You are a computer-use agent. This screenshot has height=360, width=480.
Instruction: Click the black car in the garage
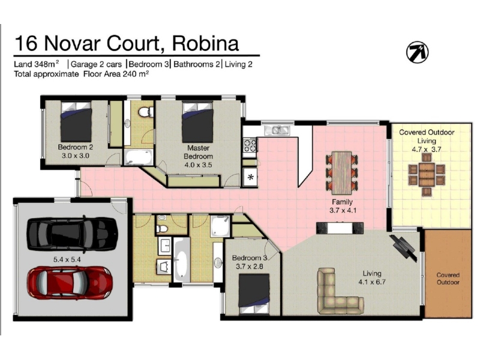72,234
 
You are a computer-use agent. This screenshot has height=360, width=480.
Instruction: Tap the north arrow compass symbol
417,52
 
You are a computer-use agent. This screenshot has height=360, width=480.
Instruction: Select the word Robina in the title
205,43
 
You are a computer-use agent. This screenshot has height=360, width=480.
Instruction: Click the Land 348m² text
37,64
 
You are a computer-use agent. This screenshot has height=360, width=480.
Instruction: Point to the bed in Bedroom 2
76,122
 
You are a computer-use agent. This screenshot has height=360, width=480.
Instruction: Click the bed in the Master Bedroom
197,122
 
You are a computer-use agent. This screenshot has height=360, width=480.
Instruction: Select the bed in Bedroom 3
254,294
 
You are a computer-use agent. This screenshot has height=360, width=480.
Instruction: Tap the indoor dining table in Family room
341,173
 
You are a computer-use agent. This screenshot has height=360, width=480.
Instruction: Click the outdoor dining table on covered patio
427,175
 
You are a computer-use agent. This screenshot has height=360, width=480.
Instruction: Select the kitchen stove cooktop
250,145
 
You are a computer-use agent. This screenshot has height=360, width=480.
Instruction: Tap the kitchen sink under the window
277,130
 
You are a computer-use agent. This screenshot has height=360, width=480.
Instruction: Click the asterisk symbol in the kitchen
251,177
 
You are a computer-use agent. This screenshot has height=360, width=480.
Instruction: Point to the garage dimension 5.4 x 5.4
67,260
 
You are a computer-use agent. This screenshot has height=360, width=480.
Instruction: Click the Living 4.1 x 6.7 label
372,278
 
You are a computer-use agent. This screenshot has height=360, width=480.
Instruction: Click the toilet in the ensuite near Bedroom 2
146,112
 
